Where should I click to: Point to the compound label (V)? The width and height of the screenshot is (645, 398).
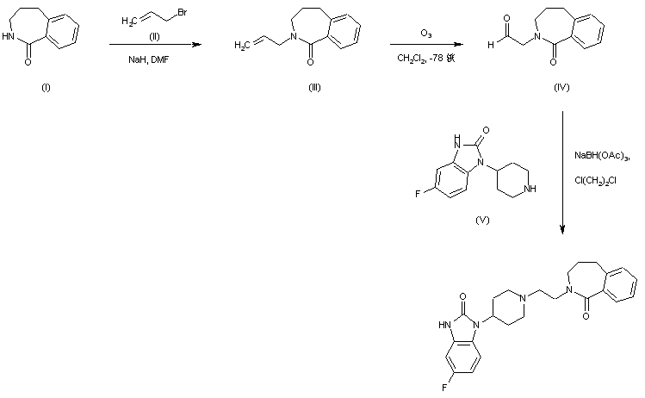pyautogui.click(x=482, y=220)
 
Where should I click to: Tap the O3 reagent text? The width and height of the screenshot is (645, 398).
pyautogui.click(x=426, y=34)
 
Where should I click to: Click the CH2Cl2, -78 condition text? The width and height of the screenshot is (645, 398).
pyautogui.click(x=425, y=57)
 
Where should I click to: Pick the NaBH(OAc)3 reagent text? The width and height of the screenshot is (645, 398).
pyautogui.click(x=603, y=156)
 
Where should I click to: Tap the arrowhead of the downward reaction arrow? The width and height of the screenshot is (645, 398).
pyautogui.click(x=562, y=230)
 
